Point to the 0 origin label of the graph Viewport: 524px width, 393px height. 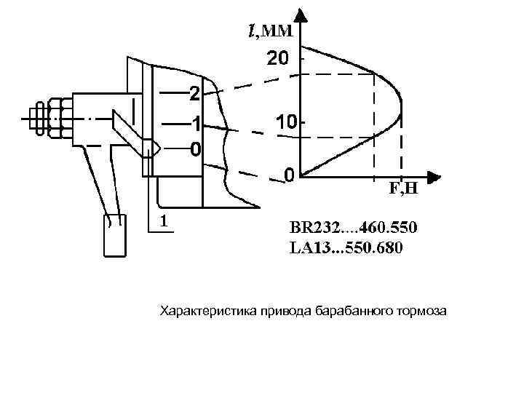click(x=289, y=175)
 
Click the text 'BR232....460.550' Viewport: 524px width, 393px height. click(x=354, y=229)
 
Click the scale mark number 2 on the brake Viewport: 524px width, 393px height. click(x=194, y=93)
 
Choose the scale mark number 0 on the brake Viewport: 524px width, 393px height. click(x=194, y=149)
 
